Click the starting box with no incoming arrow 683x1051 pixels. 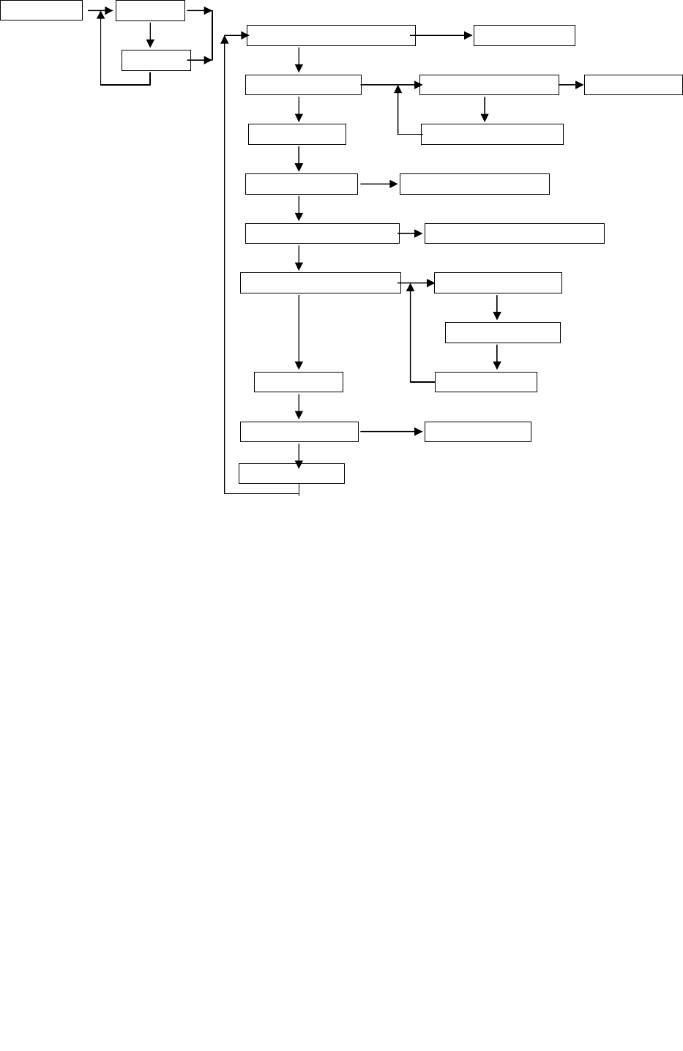point(41,10)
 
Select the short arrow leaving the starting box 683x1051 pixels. point(98,11)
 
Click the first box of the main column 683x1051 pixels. point(331,35)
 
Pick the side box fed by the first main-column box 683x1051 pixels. point(524,35)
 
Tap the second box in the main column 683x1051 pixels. point(303,85)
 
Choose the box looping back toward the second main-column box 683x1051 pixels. point(492,134)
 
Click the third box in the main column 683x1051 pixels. point(297,135)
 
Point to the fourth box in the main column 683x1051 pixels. point(302,184)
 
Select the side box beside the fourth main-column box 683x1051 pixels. point(474,184)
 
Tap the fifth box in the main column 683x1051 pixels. point(322,234)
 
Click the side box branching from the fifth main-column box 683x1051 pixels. point(514,233)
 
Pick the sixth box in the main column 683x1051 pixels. point(321,283)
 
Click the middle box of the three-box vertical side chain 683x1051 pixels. point(503,332)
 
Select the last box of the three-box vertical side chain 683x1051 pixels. point(485,382)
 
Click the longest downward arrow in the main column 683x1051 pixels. point(299,329)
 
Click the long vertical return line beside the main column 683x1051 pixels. point(224,263)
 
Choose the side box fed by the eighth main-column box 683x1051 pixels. point(478,432)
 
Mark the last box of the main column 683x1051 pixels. point(291,474)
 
